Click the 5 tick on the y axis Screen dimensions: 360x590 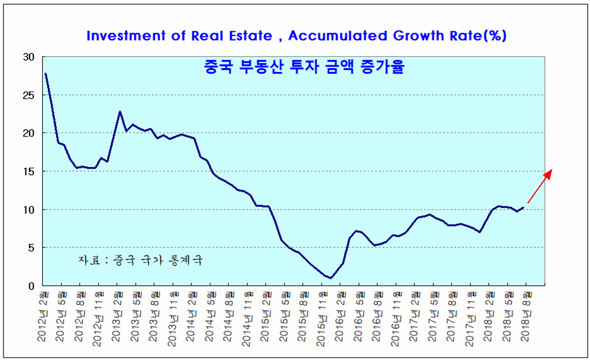(x=32, y=247)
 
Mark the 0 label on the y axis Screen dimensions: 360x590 (x=32, y=285)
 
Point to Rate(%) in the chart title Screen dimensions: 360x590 (x=478, y=36)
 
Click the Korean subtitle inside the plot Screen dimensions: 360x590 (x=296, y=68)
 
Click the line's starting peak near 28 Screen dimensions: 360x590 (x=45, y=73)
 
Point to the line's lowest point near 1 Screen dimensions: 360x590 (x=331, y=278)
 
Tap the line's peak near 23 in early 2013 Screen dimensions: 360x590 (x=120, y=112)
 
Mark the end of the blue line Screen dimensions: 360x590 (x=524, y=207)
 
